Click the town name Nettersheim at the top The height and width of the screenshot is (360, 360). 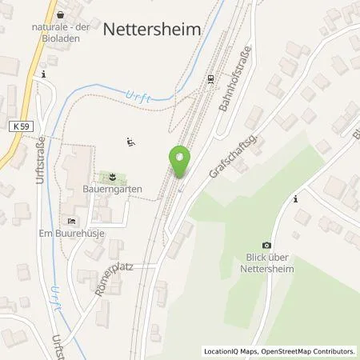point(152,29)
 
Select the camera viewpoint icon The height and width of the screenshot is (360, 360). point(266,245)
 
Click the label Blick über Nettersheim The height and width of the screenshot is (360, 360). point(266,264)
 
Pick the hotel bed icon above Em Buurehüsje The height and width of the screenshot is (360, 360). point(71,221)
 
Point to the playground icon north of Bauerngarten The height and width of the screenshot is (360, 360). point(130,142)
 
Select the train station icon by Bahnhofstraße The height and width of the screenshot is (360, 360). point(210,78)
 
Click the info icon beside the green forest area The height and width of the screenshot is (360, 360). point(296,198)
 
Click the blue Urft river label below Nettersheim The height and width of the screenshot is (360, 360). point(138,97)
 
